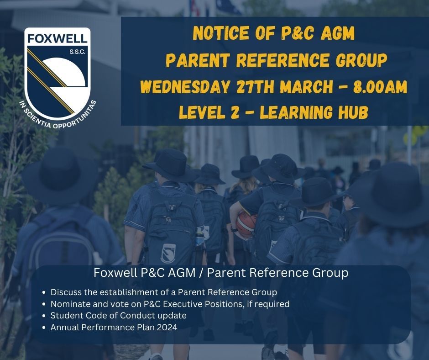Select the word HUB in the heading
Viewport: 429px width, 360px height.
[x=352, y=111]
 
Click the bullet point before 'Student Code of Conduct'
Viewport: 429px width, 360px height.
[x=43, y=316]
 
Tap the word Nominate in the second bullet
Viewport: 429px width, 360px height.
[x=69, y=304]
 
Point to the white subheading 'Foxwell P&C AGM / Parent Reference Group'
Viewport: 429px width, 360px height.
[x=221, y=273]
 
